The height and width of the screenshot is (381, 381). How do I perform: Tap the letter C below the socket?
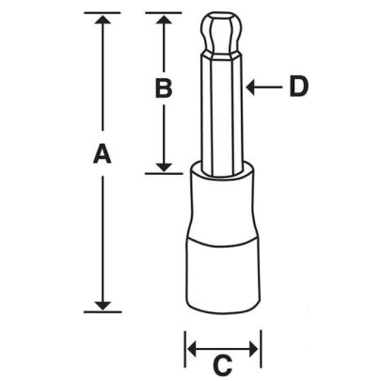tap(223, 362)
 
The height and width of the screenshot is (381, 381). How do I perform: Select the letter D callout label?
tap(297, 87)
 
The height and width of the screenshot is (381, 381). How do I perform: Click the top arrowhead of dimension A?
tap(103, 22)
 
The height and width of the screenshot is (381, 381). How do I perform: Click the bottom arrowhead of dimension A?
tap(103, 302)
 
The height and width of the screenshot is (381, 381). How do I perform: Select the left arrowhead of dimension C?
tap(192, 349)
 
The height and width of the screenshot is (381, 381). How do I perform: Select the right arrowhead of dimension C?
tap(254, 349)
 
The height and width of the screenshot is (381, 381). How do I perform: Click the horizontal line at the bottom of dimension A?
tap(103, 310)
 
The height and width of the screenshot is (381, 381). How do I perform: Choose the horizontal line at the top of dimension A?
tap(103, 13)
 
